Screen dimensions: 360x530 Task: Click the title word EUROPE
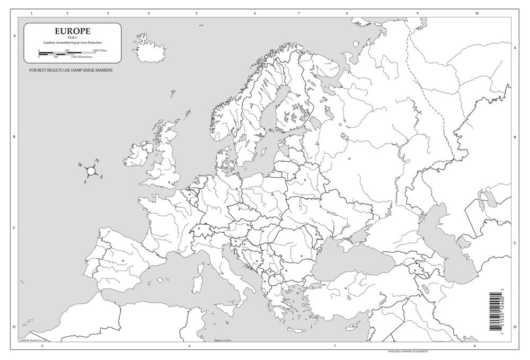68,32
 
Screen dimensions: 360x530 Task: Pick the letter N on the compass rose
97,160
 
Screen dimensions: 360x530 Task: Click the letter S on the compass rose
85,181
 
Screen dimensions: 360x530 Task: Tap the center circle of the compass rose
91,171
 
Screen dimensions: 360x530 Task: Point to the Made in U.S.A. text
225,341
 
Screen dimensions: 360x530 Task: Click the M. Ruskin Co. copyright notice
32,341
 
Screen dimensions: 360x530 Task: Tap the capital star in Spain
123,260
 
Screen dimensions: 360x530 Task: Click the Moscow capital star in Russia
349,159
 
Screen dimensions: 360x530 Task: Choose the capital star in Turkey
346,288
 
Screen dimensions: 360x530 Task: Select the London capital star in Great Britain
170,182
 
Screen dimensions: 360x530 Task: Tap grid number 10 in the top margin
477,13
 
